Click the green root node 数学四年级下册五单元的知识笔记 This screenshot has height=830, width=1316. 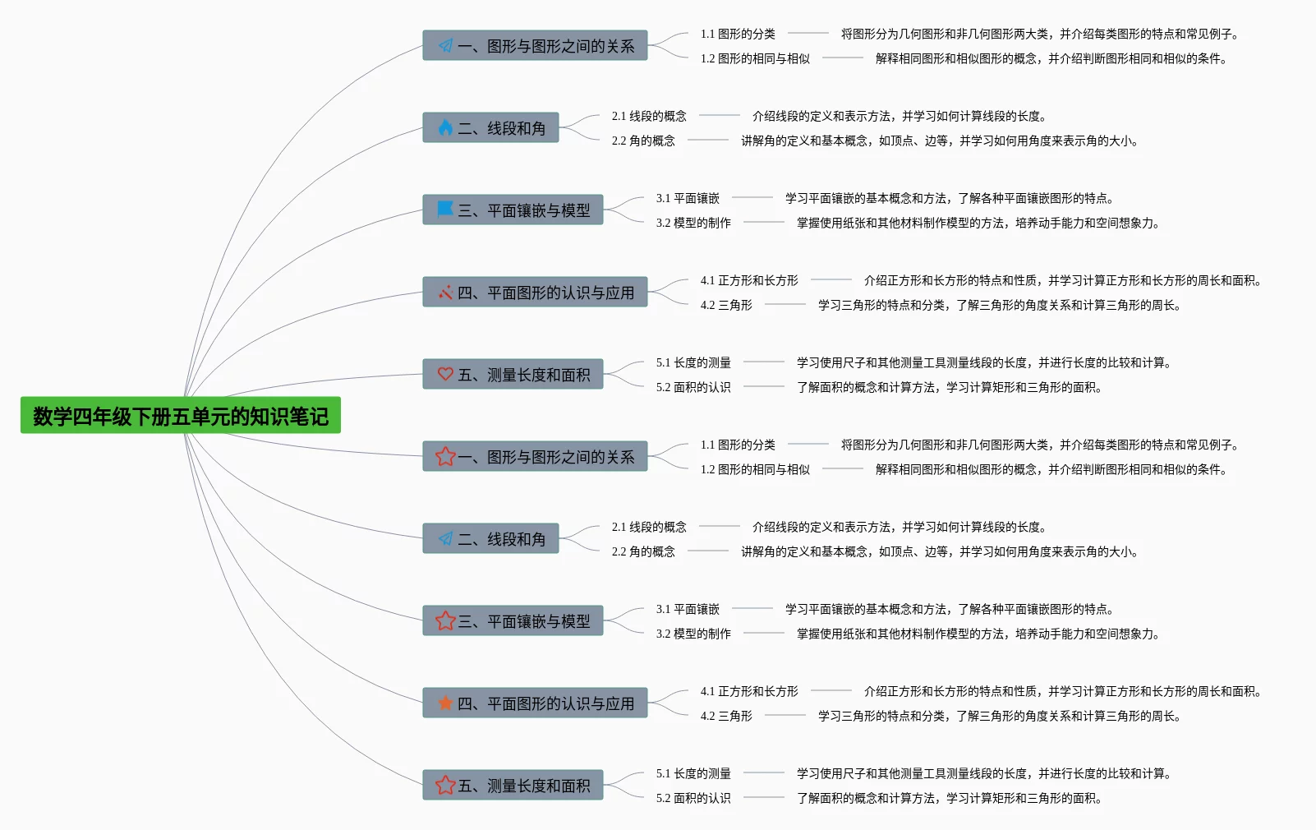click(180, 416)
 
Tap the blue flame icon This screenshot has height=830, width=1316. click(445, 127)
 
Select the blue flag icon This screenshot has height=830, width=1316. click(445, 209)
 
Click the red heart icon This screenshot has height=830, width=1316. click(445, 374)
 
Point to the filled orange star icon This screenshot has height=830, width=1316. click(445, 703)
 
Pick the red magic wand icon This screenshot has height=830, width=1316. click(445, 292)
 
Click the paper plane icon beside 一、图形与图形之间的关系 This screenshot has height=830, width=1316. click(445, 45)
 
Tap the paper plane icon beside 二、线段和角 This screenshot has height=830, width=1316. click(445, 538)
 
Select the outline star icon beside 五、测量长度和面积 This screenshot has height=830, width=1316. click(445, 785)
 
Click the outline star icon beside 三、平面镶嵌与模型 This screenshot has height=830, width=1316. click(445, 620)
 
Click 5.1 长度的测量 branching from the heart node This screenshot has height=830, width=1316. click(693, 362)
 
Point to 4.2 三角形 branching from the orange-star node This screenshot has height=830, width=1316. click(726, 716)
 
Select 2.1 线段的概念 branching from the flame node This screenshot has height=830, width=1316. click(649, 116)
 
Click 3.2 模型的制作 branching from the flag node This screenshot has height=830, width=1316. click(693, 223)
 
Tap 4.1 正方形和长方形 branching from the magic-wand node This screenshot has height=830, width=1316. click(749, 280)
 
